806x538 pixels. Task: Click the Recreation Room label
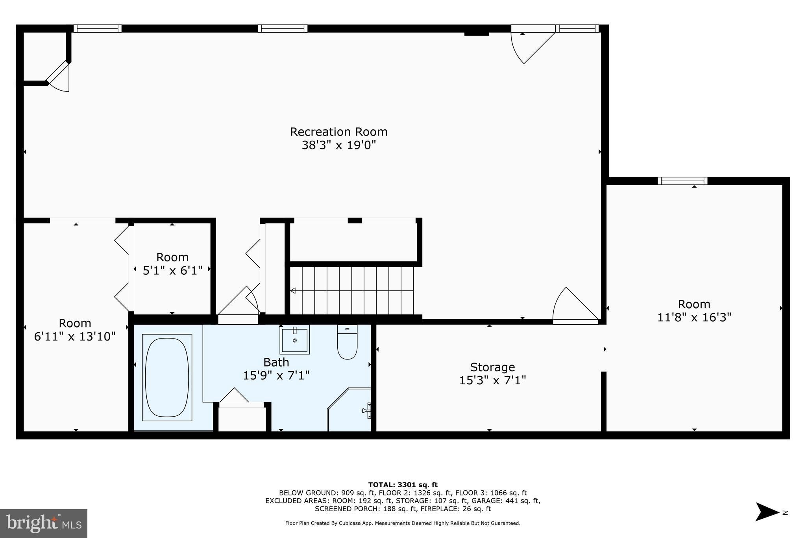338,132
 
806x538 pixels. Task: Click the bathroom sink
294,339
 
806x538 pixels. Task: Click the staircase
352,290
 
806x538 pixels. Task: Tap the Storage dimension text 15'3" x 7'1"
492,380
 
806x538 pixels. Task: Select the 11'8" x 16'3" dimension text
694,317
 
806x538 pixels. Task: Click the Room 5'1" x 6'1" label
172,257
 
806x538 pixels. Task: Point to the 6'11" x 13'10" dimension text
75,337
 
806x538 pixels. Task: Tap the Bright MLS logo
44,523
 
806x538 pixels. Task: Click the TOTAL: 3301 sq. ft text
403,485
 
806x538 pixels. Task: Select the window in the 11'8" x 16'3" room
682,181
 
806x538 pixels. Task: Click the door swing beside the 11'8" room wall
575,305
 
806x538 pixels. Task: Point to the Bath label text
276,362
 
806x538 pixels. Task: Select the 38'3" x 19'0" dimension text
338,145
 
